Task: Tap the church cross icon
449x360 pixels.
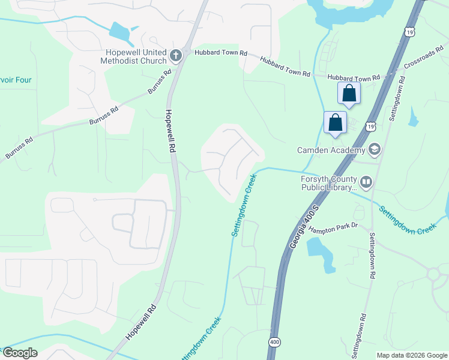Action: [176, 56]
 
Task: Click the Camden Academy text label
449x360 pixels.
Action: [331, 149]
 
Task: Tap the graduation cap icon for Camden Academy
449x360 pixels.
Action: [375, 149]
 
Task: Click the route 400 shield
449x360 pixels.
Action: [274, 341]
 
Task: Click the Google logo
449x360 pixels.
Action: [20, 353]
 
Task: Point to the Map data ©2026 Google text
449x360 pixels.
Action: [412, 355]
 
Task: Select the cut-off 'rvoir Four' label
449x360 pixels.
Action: [16, 80]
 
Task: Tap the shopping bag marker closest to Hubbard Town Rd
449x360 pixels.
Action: [349, 94]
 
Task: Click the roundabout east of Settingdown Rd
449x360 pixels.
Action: [434, 274]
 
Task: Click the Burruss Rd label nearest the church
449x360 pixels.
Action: [160, 82]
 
